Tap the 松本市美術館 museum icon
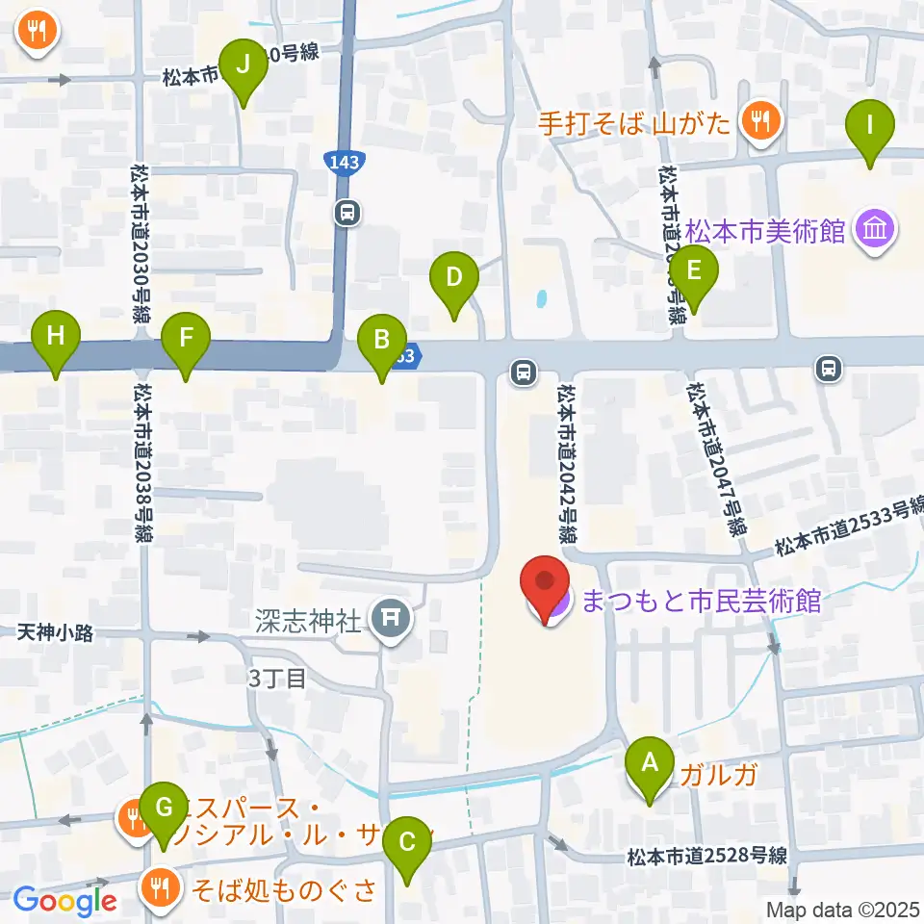[x=877, y=230]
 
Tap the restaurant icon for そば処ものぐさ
[x=158, y=887]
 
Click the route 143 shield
[x=344, y=162]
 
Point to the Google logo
[x=65, y=901]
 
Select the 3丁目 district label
[x=277, y=678]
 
